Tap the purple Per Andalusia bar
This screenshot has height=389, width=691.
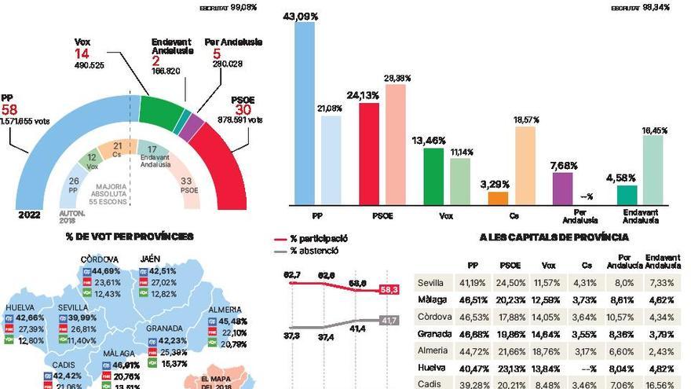click(x=562, y=189)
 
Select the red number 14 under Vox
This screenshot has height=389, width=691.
click(x=82, y=53)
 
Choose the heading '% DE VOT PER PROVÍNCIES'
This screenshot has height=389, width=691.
click(x=130, y=236)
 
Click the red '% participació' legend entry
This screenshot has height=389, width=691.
click(x=318, y=239)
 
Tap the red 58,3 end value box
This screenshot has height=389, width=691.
click(x=389, y=290)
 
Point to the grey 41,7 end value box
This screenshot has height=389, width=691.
click(x=389, y=320)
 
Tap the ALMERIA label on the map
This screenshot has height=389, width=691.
click(x=225, y=310)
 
